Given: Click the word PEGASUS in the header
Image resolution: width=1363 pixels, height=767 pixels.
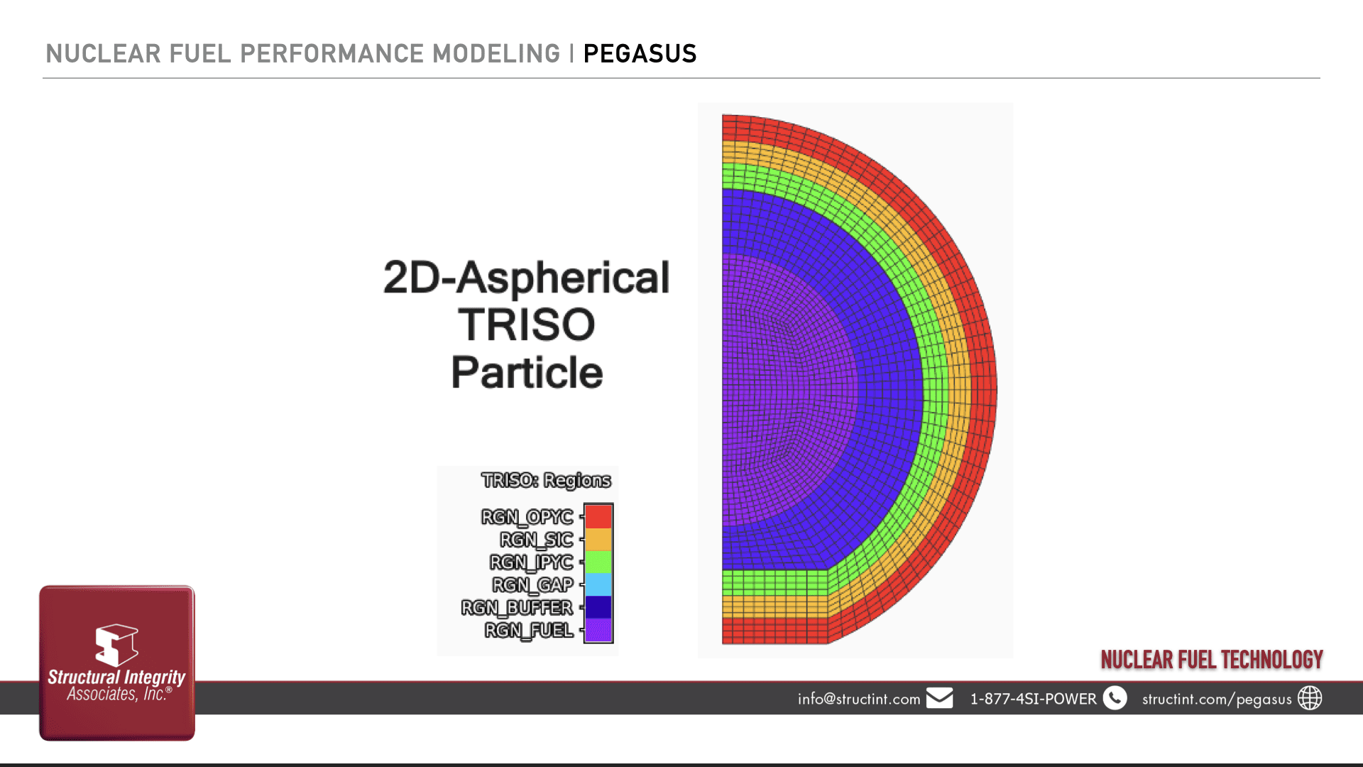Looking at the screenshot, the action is tap(640, 54).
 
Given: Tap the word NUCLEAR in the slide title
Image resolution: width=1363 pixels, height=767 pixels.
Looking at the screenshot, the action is tap(104, 54).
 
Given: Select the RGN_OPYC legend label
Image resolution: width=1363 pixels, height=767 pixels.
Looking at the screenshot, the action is tap(527, 517).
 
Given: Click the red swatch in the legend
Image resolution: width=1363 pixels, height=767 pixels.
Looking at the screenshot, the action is tap(598, 516).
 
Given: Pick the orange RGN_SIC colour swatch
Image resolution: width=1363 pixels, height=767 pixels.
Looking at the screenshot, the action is tap(598, 540).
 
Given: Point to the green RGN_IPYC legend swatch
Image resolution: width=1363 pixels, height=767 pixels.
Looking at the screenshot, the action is tap(598, 562).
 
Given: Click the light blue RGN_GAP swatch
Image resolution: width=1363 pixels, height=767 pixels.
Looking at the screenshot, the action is tap(598, 584).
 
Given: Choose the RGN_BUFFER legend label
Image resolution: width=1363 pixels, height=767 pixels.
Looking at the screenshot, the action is tap(517, 608).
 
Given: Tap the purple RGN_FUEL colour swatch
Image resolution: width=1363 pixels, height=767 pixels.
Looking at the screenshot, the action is tap(598, 630).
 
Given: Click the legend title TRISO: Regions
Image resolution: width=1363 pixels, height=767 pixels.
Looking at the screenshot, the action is tap(546, 481).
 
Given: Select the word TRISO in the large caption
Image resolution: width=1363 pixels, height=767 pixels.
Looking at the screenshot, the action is tap(526, 325).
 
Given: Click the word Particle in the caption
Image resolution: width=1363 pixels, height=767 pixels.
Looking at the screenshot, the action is tap(527, 372).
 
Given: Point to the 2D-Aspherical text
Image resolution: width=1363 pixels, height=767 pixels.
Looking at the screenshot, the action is tap(526, 277).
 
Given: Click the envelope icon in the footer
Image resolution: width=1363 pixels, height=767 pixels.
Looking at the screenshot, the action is tap(939, 698).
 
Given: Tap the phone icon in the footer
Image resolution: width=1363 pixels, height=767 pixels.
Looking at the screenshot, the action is tap(1115, 698).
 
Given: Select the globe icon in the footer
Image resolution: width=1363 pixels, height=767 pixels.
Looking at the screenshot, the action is tap(1310, 698).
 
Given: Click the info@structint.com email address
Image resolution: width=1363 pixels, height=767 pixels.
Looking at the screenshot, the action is tap(859, 699).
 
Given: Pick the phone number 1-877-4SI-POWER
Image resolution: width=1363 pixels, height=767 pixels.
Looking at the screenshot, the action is tap(1034, 699).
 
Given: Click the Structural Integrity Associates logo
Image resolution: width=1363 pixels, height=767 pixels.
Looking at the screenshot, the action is tap(117, 663).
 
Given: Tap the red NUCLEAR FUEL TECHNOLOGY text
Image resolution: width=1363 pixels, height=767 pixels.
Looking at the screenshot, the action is tap(1212, 660).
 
